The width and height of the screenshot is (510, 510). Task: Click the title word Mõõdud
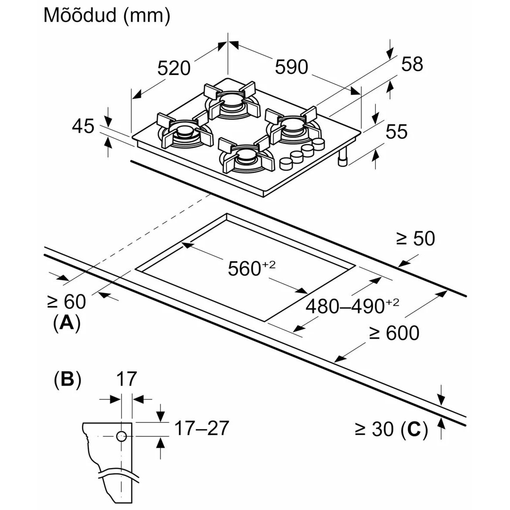80,15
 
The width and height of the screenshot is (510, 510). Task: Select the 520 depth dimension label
174,68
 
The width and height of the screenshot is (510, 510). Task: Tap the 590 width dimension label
291,67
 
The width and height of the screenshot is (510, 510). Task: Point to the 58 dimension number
412,64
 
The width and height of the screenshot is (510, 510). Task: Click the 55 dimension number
396,132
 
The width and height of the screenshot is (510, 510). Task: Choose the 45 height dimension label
83,126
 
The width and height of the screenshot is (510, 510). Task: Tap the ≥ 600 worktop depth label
394,333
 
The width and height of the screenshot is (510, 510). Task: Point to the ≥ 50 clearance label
416,238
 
